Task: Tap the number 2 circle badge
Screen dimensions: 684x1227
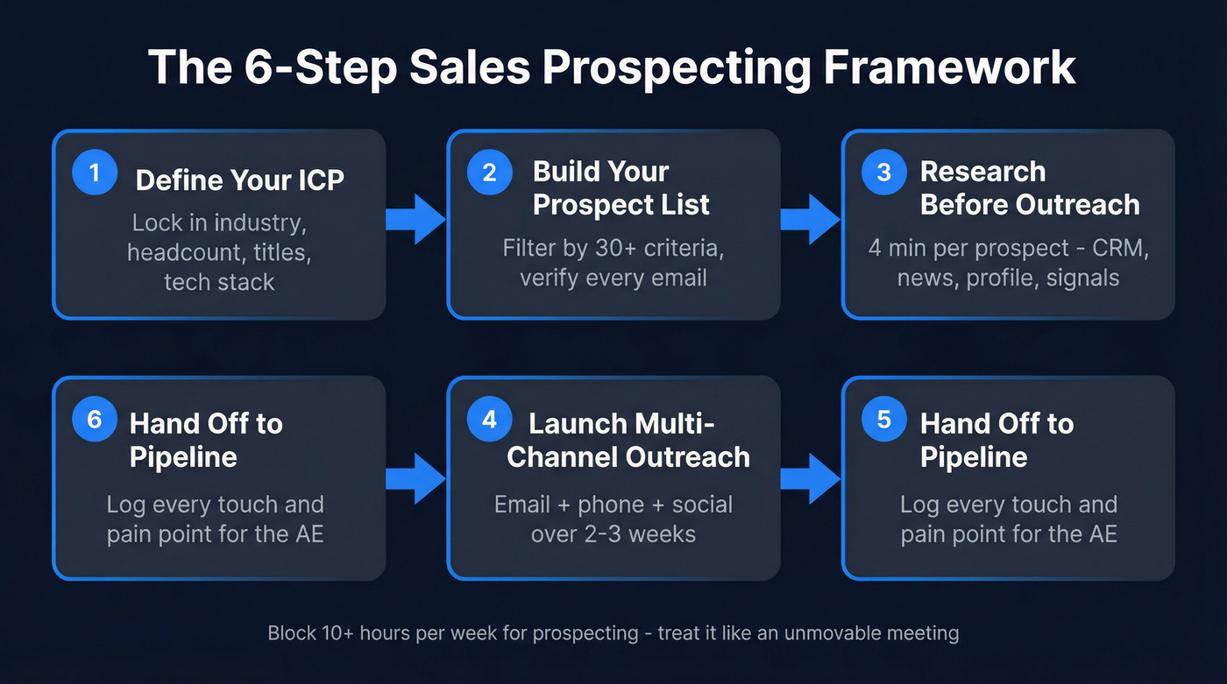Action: [x=489, y=173]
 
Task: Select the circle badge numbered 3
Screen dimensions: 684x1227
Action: [x=883, y=173]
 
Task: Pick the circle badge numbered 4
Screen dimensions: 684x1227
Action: [x=489, y=420]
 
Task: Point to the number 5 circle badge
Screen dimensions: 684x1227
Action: [x=883, y=420]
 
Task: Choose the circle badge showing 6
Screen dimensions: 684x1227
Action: [x=94, y=420]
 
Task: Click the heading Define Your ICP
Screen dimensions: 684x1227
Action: [x=239, y=180]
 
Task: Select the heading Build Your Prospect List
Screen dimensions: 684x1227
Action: [x=621, y=187]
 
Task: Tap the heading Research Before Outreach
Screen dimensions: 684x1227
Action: [x=1029, y=187]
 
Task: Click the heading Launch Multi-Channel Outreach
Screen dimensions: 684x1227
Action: [x=628, y=440]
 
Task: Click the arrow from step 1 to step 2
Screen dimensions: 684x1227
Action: [x=416, y=219]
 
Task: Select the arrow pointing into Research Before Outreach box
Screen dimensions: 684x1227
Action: [x=811, y=219]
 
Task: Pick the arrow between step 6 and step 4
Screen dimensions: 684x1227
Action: [x=416, y=478]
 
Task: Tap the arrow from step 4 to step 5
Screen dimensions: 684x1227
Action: [x=811, y=478]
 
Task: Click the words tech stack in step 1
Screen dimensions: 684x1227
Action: [x=219, y=282]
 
